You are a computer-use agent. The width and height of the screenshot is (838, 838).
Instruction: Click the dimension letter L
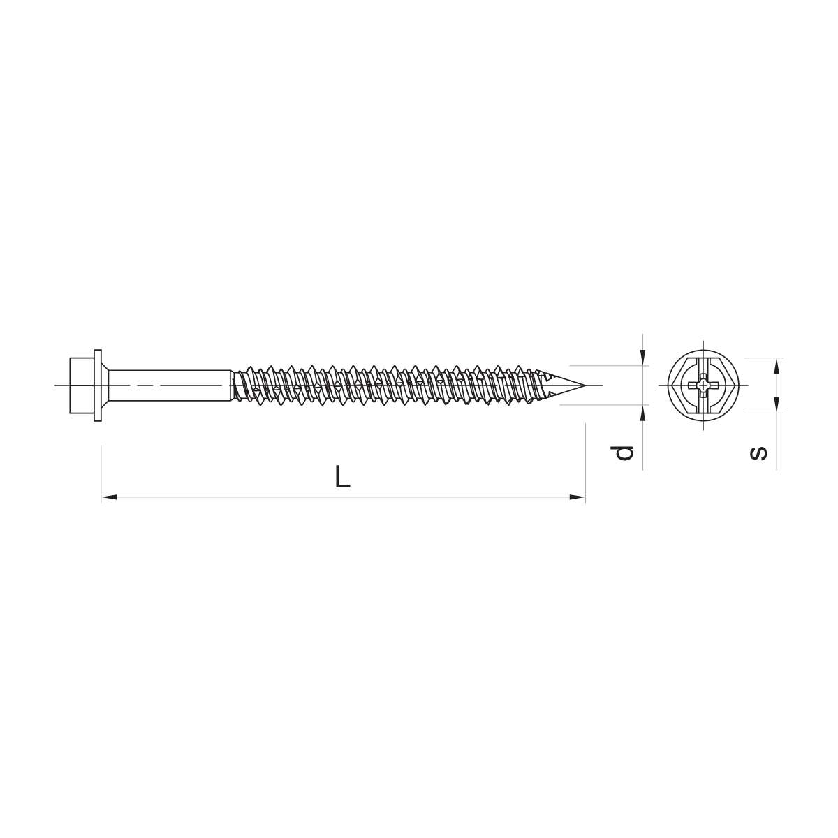[x=342, y=476]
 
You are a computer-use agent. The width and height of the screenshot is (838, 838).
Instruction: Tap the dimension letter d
[x=622, y=453]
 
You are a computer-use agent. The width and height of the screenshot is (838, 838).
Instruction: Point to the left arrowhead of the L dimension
[x=109, y=497]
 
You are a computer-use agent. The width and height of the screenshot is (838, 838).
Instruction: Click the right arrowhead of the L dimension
[x=578, y=497]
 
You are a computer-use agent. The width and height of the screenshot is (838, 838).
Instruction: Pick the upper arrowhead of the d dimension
[x=643, y=358]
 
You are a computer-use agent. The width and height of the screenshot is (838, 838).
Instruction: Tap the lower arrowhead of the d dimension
[x=643, y=413]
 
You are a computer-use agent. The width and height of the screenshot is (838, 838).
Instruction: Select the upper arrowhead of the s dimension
[x=777, y=366]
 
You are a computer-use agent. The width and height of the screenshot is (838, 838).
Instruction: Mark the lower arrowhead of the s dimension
[x=777, y=404]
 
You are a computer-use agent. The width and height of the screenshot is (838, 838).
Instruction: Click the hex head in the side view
[x=82, y=385]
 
